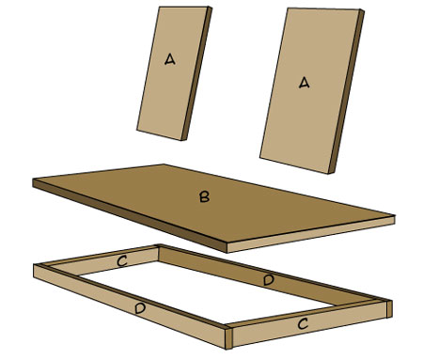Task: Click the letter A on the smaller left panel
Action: pos(170,59)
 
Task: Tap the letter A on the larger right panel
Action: pos(304,83)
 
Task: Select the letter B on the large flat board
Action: pos(204,196)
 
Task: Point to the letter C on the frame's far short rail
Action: pos(122,261)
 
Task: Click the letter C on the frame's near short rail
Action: pos(303,323)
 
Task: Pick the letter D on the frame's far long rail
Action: pos(269,280)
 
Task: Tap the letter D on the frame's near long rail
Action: pos(140,309)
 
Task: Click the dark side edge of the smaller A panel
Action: pos(196,73)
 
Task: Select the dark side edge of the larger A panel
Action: pos(346,91)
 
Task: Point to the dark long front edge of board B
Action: pos(130,215)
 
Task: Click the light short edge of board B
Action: pos(310,234)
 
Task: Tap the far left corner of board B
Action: pos(33,180)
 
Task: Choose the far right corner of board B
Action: pos(394,216)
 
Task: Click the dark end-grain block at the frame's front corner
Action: pos(228,338)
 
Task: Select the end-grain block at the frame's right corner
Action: pos(389,309)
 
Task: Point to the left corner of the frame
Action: pos(34,265)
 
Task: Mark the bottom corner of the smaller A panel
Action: pos(181,140)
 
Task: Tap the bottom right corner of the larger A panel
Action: pos(328,173)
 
